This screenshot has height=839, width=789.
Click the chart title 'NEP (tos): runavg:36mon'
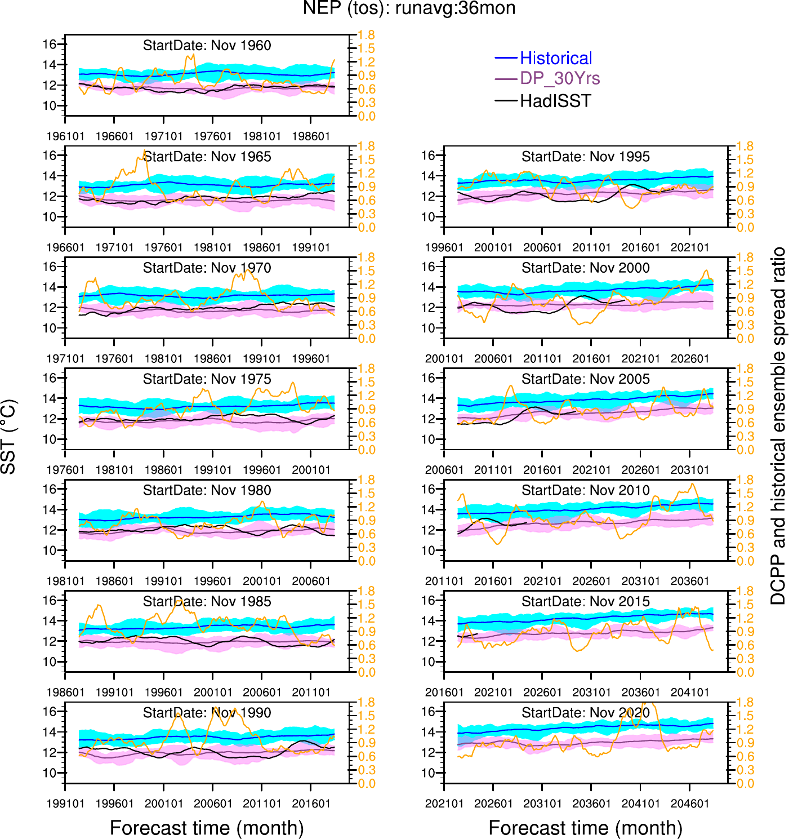409,8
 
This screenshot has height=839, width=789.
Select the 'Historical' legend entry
555,58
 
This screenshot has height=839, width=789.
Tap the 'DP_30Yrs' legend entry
559,78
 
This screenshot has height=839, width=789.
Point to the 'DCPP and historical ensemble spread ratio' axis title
778,425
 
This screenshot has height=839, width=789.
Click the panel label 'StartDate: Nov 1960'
207,46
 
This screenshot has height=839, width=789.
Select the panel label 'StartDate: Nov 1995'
585,157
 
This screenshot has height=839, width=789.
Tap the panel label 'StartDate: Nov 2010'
585,490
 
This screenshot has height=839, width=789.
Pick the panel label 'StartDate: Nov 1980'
207,490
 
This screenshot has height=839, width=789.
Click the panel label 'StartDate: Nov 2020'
585,713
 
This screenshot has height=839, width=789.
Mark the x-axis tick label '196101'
65,136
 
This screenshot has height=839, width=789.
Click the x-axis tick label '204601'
690,804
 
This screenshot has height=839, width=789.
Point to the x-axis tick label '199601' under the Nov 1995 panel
444,247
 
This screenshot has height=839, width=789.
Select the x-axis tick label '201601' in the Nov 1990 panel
311,804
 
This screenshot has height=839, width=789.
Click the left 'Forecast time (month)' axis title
207,828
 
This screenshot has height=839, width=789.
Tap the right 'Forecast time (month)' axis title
585,828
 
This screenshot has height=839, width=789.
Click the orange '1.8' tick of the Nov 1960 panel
367,35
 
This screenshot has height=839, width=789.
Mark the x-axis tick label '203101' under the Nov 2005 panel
690,470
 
